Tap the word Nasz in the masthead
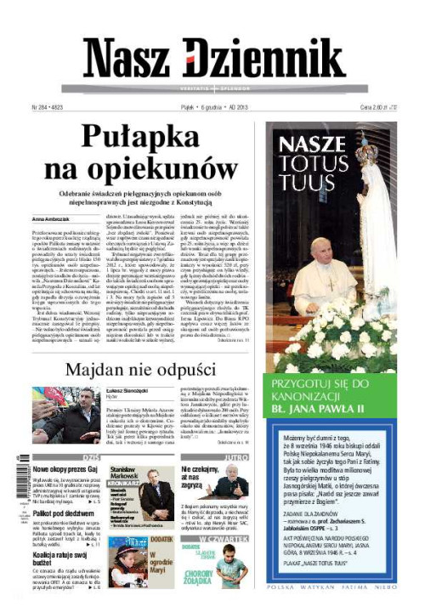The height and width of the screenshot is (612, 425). pos(127,59)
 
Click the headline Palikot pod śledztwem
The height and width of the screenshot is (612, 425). pos(64,513)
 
